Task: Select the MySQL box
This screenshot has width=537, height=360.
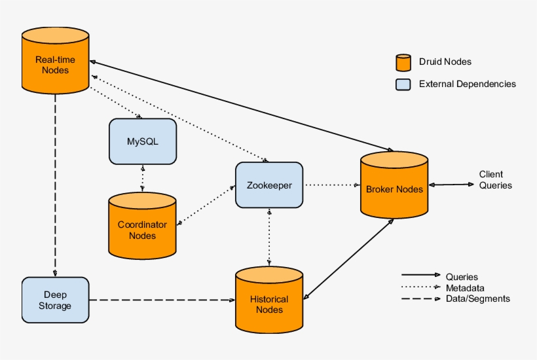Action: [142, 141]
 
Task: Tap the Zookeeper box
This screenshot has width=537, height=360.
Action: [268, 185]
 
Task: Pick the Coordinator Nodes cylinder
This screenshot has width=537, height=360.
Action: [142, 226]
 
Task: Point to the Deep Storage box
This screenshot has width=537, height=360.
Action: [55, 300]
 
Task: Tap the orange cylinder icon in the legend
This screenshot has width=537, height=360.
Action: [403, 62]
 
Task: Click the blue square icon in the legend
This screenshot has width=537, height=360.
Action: [403, 84]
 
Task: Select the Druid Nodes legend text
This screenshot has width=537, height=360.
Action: [445, 62]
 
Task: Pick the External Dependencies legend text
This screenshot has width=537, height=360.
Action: [467, 84]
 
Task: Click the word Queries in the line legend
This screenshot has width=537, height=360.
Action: [461, 277]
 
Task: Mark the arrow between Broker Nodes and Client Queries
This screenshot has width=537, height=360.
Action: [452, 185]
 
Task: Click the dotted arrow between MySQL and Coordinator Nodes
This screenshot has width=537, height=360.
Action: [142, 177]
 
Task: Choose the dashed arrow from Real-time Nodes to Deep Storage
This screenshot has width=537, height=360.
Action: [55, 183]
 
